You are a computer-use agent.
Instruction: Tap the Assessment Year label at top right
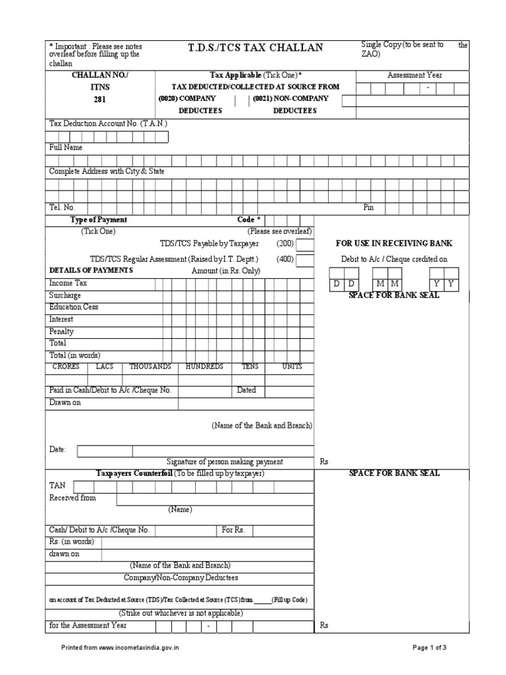tap(414, 75)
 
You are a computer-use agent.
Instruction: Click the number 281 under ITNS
tap(98, 100)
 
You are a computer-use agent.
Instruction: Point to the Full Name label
tap(66, 148)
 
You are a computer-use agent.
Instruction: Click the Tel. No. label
tap(63, 207)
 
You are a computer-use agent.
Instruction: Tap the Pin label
tap(368, 207)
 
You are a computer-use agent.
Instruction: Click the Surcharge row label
tap(65, 295)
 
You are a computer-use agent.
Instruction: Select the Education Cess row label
tap(73, 307)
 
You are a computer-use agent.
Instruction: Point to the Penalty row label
tap(62, 332)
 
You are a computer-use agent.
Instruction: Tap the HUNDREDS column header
tap(204, 367)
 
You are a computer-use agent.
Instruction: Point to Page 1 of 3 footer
tap(430, 648)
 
